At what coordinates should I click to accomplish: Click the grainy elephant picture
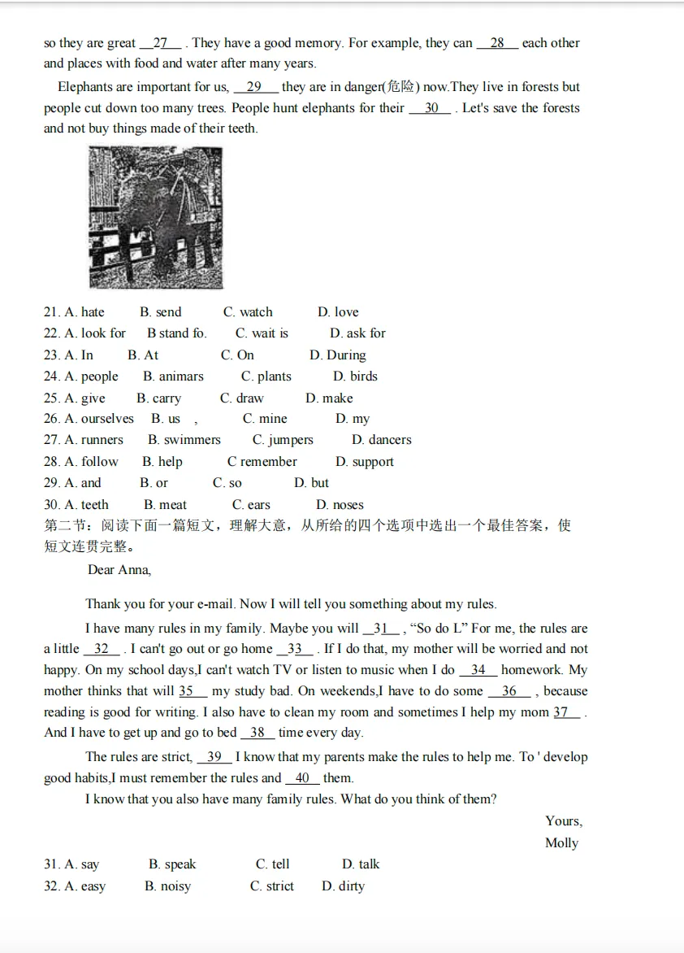tap(155, 217)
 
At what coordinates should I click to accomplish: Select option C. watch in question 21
tap(249, 312)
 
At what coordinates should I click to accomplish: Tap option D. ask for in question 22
tap(357, 333)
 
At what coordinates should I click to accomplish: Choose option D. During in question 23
tap(338, 355)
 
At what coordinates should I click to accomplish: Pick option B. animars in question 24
tap(173, 376)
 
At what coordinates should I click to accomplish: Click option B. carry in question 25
tap(158, 398)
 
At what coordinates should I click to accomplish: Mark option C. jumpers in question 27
tap(283, 440)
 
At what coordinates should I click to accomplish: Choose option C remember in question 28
tap(262, 462)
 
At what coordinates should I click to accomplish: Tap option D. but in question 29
tap(311, 483)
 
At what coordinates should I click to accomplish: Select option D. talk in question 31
tap(361, 864)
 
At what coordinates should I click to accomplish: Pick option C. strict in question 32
tap(272, 886)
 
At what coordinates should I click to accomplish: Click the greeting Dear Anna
tap(119, 570)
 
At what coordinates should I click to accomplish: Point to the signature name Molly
tap(561, 843)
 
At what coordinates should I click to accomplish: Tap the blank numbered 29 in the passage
tap(254, 87)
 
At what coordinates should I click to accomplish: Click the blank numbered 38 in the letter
tap(258, 733)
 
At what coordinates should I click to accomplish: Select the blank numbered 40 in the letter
tap(302, 778)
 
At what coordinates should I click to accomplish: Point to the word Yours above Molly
tap(563, 821)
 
